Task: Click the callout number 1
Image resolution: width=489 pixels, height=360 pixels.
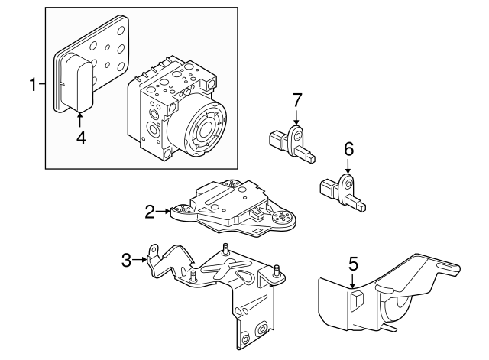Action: coord(33,84)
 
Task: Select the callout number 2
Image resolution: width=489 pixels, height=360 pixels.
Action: coord(151,212)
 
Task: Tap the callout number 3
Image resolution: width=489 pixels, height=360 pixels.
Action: coord(127,261)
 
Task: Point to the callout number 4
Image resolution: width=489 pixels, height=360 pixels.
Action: coord(80,138)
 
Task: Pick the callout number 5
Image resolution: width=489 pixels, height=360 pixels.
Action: coord(353,264)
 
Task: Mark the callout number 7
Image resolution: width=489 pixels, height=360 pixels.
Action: coord(298,99)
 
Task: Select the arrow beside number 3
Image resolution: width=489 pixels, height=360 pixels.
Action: coord(141,261)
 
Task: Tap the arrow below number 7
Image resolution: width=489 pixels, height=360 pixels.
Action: coord(298,117)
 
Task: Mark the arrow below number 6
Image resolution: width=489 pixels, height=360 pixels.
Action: coord(348,167)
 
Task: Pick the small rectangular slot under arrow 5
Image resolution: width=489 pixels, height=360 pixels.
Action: coord(355,300)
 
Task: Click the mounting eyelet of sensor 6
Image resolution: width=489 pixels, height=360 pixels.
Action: coord(348,184)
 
